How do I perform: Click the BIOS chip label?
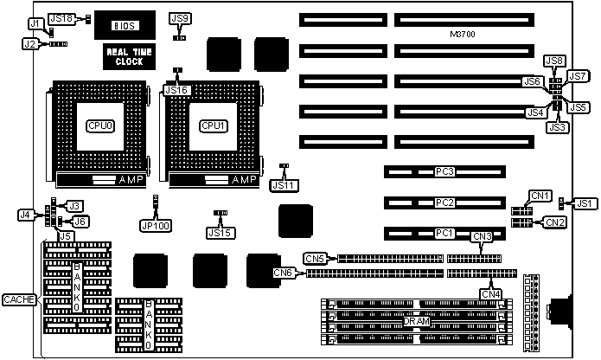pyautogui.click(x=125, y=26)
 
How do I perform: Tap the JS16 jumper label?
pyautogui.click(x=176, y=90)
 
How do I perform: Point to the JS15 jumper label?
pyautogui.click(x=220, y=231)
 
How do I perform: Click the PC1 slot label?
pyautogui.click(x=444, y=233)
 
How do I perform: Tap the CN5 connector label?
pyautogui.click(x=316, y=258)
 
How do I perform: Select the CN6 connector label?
pyautogui.click(x=283, y=273)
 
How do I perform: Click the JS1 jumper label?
pyautogui.click(x=585, y=203)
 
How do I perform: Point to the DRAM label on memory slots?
pyautogui.click(x=417, y=321)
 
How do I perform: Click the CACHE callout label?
pyautogui.click(x=18, y=299)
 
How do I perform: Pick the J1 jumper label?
pyautogui.click(x=35, y=22)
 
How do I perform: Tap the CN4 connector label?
pyautogui.click(x=490, y=293)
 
